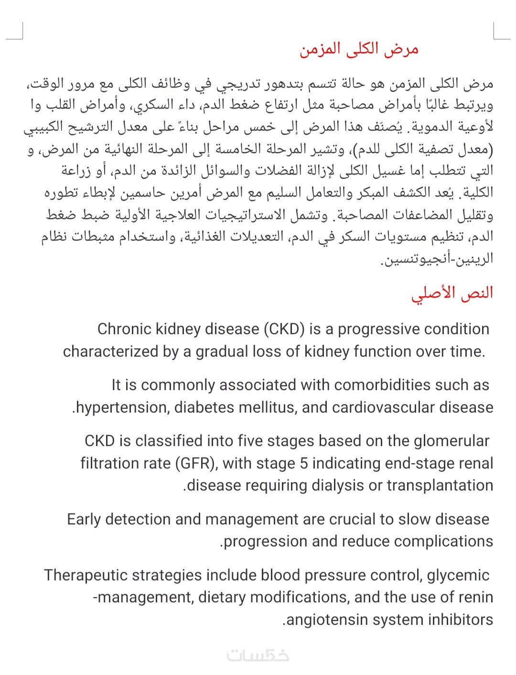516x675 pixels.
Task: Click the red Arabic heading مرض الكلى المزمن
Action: click(x=359, y=50)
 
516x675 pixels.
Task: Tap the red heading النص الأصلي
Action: click(x=451, y=293)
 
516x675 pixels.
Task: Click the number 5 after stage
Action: click(x=304, y=463)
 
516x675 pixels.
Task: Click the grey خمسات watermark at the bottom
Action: click(x=258, y=656)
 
